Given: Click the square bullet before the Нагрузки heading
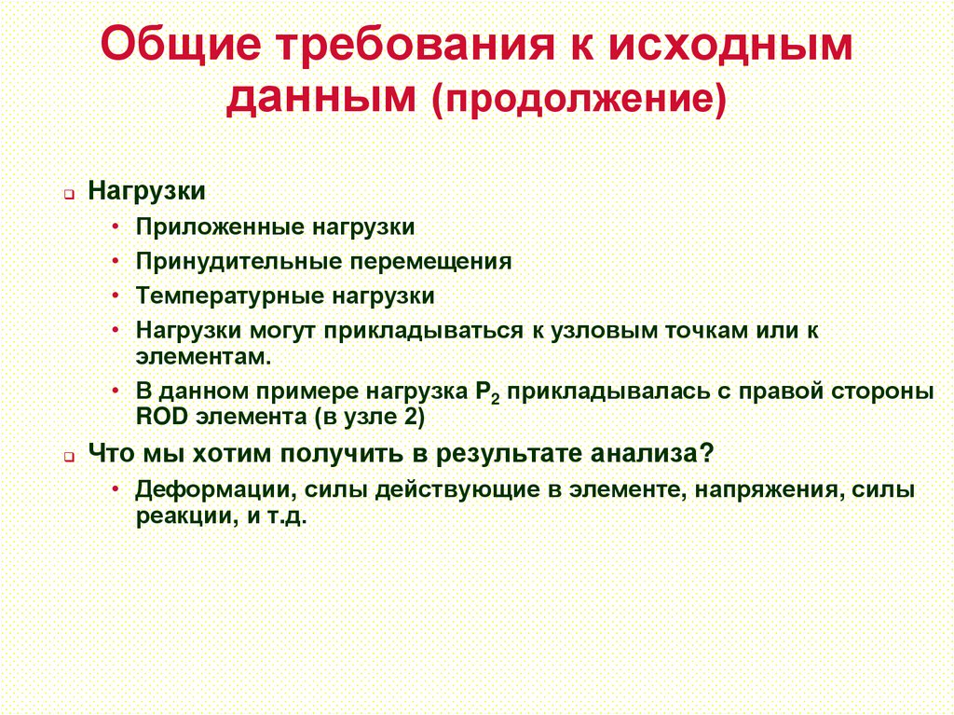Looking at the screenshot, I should tap(70, 194).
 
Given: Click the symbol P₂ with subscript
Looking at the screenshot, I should tap(477, 392).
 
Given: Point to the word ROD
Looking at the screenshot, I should tap(160, 417).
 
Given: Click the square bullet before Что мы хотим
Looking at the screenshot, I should tap(70, 457).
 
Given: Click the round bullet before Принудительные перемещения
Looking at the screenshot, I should tap(114, 262).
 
